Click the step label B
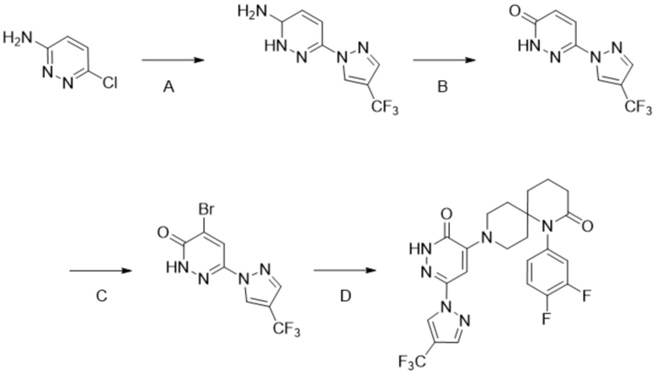(439, 86)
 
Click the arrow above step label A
(171, 60)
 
